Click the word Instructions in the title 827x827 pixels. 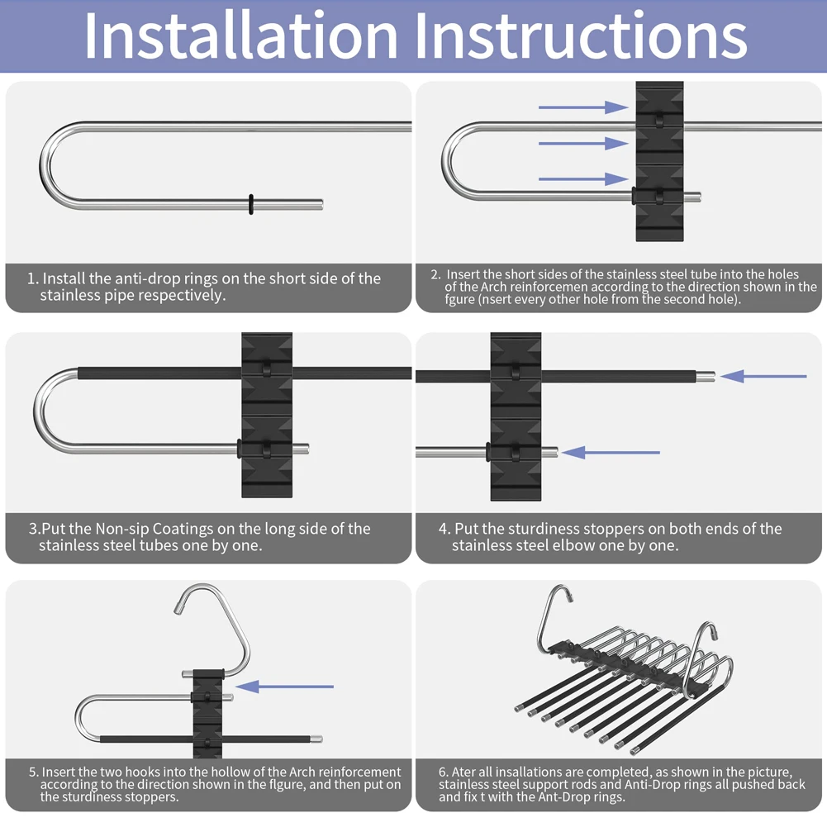click(582, 35)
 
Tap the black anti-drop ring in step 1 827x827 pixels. click(251, 204)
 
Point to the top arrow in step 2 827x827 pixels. click(583, 107)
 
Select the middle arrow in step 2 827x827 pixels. click(583, 144)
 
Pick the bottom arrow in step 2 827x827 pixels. click(583, 179)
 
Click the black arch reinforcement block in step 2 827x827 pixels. click(659, 161)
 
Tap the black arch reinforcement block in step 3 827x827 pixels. click(267, 415)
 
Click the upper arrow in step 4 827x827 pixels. click(763, 377)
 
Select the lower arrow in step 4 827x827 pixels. click(611, 453)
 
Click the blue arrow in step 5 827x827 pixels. click(284, 687)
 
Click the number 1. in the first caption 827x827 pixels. click(33, 278)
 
